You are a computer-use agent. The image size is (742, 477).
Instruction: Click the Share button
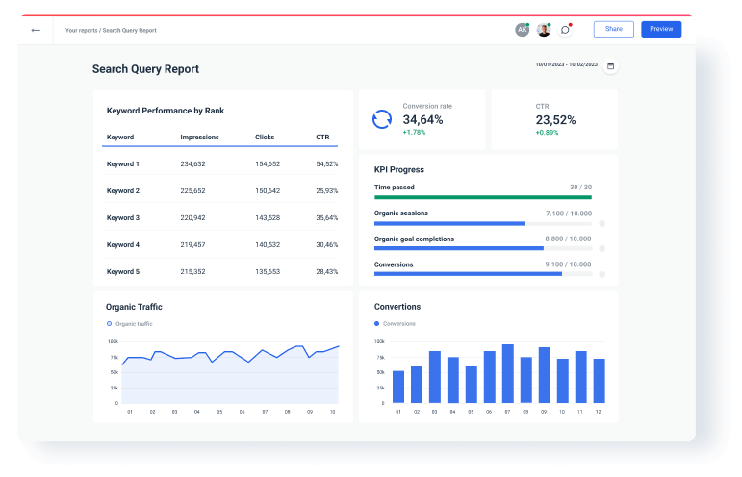coord(614,29)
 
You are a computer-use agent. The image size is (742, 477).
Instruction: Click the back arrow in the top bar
coord(36,30)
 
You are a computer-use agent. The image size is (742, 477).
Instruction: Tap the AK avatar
coord(523,30)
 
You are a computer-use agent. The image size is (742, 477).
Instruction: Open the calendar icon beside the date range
coord(609,66)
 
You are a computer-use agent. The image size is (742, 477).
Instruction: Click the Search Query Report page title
coord(145,69)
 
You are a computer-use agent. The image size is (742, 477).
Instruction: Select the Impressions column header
coord(199,138)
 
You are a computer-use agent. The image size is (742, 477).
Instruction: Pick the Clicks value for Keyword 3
coord(267,218)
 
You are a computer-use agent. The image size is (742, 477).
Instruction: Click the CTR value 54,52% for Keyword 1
coord(326,164)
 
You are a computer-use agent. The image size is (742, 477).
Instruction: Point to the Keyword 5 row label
coord(123,272)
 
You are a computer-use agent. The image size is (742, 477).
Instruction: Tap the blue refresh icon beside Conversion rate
coord(382,119)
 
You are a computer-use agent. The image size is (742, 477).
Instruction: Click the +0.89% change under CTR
coord(548,132)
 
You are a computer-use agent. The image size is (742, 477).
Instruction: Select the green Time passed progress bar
coord(482,196)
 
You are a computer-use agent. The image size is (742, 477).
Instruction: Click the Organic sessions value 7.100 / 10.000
coord(568,213)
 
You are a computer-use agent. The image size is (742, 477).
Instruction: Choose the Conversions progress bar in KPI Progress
coord(468,274)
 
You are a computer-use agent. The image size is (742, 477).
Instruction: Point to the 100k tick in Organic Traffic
coord(113,341)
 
